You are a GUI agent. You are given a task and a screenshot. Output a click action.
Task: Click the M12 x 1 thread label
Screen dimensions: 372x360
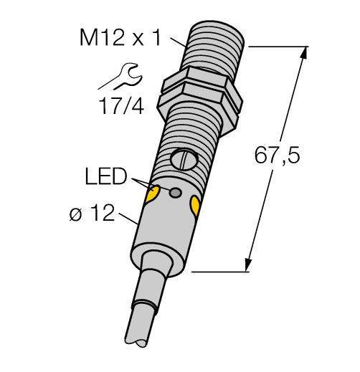[x=120, y=38]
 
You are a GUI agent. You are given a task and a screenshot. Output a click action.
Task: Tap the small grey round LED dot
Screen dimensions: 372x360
[x=174, y=192]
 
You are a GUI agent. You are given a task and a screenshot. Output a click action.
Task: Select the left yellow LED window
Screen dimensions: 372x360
[x=152, y=194]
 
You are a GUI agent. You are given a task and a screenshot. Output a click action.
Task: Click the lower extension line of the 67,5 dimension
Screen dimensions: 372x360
[x=222, y=272]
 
